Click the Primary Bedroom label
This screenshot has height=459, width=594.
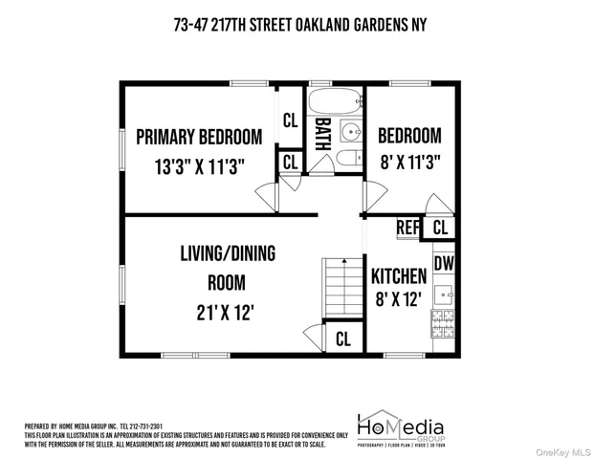pos(199,136)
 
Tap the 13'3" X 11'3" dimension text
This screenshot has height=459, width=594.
pos(199,165)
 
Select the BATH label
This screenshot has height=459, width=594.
pos(324,133)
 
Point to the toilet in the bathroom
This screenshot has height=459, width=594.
pos(350,158)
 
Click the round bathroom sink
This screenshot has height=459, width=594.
pos(351,132)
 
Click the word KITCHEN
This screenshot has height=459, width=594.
pos(399,276)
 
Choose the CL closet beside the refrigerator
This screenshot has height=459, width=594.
pos(440,228)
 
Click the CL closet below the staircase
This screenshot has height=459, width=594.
pos(343,339)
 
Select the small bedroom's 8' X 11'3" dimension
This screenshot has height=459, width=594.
pos(409,161)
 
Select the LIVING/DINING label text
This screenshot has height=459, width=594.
pos(228,253)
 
